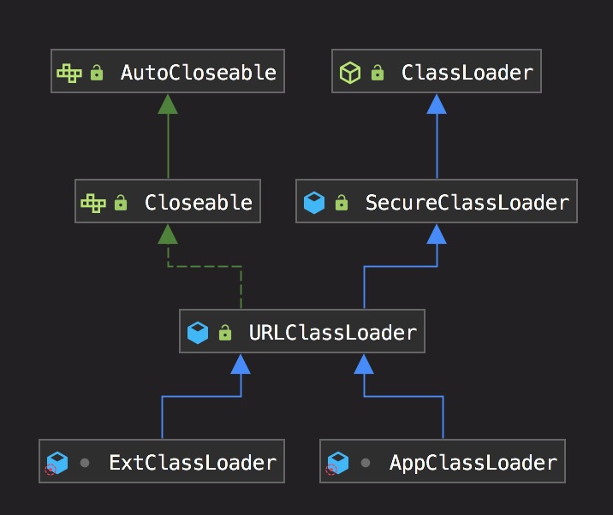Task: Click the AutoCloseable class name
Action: (x=198, y=73)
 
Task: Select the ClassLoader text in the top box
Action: (x=467, y=73)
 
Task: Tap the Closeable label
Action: (x=198, y=203)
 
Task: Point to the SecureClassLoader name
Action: (x=467, y=203)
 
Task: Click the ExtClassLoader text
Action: (x=193, y=463)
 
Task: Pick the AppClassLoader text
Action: (x=473, y=463)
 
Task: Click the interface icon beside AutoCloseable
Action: (x=69, y=73)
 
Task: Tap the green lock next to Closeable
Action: (x=121, y=203)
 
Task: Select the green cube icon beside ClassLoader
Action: (x=349, y=73)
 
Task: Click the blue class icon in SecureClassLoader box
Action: (x=314, y=203)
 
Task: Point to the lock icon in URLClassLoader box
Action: (x=225, y=332)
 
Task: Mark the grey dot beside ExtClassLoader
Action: (x=85, y=463)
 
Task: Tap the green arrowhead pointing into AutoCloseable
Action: (x=168, y=104)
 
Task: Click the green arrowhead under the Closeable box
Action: (x=168, y=234)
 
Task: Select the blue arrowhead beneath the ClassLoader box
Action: (x=437, y=104)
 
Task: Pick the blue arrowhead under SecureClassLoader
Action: (x=437, y=234)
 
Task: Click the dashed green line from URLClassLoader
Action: (x=205, y=266)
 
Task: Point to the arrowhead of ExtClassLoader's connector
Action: (x=241, y=364)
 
